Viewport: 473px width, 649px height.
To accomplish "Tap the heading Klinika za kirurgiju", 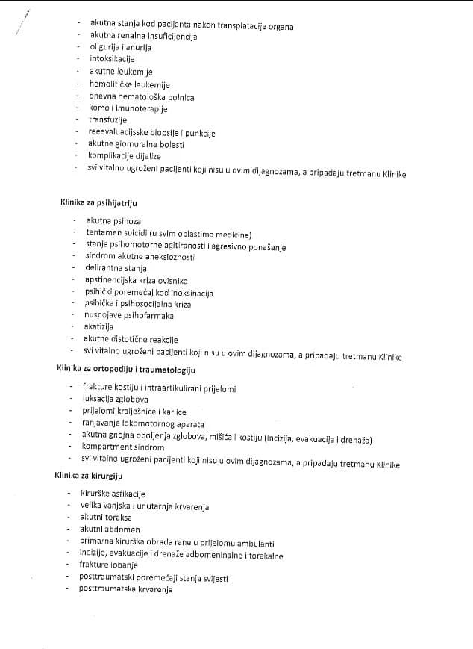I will coord(89,475).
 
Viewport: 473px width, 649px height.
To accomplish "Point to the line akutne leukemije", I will coord(121,72).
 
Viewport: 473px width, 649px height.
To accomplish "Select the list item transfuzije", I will coord(108,120).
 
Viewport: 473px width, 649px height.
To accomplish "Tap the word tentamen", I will coord(104,234).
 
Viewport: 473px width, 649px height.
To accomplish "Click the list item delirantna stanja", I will coord(116,269).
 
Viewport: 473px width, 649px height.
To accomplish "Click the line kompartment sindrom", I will coord(122,447).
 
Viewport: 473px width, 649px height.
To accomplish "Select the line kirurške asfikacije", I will coord(113,494).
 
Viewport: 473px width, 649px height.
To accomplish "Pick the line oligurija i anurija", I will coord(119,48).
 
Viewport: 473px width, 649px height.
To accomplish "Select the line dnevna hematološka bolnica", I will coord(142,96).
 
